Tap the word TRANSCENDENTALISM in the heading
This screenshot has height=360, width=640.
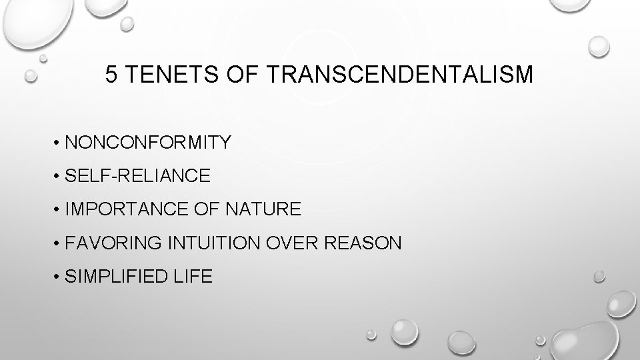400,75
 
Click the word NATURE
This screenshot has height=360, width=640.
264,210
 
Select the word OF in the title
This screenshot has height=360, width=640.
234,75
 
